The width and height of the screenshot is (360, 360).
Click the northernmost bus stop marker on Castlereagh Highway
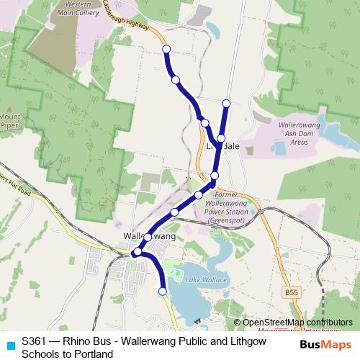pos(166,49)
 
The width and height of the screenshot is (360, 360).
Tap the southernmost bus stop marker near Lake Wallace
pos(162,292)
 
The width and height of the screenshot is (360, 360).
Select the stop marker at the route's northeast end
pos(226,103)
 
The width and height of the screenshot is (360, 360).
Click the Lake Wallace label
pos(206,279)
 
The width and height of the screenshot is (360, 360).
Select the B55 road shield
pos(290,292)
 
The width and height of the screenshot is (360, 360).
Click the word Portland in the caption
pos(96,354)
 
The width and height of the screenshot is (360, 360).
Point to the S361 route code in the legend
pos(35,341)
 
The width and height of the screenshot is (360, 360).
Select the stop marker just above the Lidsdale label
pos(221,138)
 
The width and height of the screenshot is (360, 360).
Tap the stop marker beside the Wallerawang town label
pos(148,237)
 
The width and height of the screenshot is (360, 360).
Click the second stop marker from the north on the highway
pos(176,79)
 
